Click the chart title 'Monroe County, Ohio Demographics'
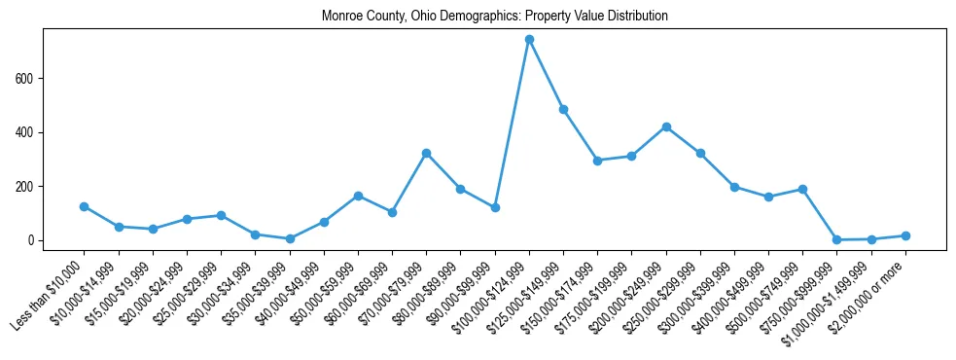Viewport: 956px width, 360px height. point(494,17)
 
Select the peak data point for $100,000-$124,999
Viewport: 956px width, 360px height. point(529,40)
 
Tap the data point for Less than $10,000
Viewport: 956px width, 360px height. point(84,206)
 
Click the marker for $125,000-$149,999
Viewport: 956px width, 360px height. point(563,109)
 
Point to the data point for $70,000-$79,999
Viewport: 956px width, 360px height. point(426,154)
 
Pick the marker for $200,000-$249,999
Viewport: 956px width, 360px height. point(666,126)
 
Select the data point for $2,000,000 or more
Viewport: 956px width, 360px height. point(905,235)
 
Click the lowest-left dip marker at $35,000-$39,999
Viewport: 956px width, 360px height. point(289,238)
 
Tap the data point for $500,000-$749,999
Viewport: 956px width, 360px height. point(802,189)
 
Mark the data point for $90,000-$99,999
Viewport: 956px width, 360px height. point(495,207)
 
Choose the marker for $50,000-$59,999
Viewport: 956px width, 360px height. point(358,196)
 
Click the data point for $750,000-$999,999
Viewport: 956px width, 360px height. point(836,239)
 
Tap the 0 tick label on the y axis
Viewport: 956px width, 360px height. point(33,240)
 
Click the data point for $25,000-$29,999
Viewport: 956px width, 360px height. point(221,215)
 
